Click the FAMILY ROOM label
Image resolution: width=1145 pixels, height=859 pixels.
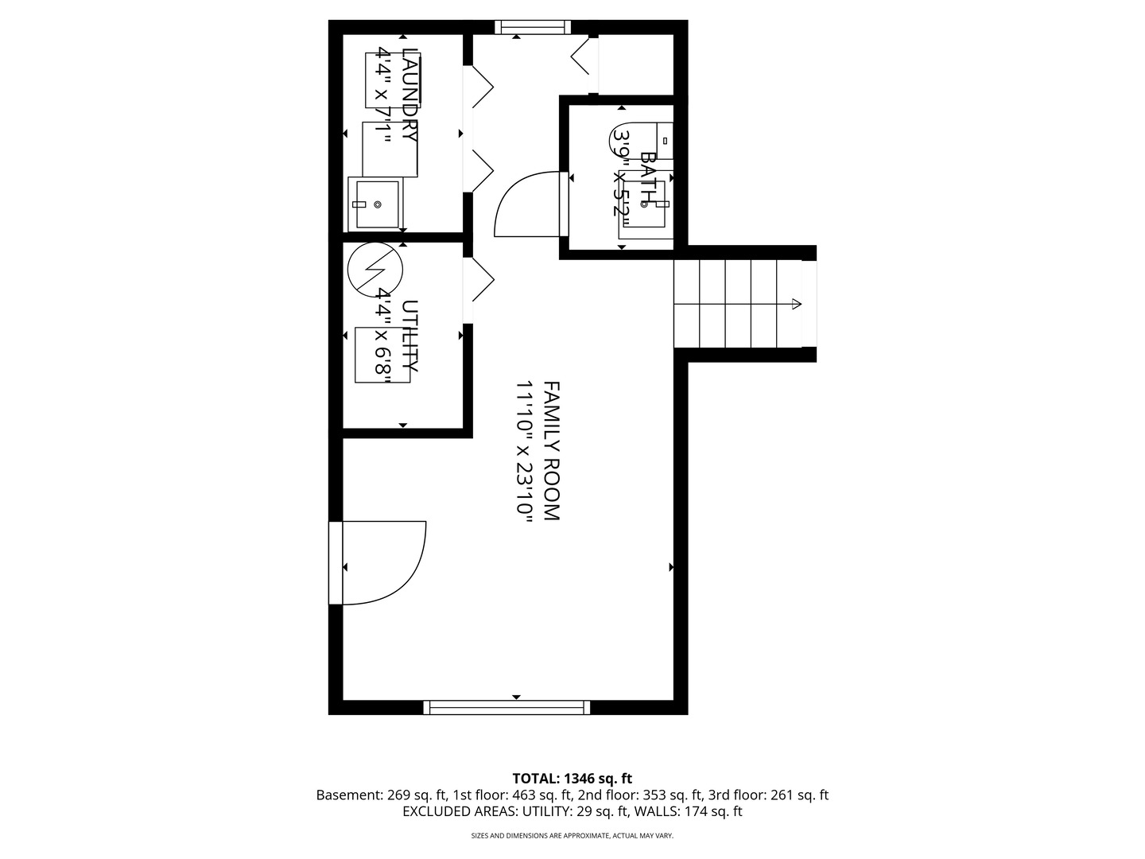click(x=551, y=451)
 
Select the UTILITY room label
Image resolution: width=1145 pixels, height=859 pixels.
click(x=410, y=336)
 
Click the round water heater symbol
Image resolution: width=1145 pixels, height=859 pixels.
click(x=375, y=270)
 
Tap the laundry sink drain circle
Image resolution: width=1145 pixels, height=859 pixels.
click(x=378, y=205)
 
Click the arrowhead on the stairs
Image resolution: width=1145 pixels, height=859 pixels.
click(x=797, y=304)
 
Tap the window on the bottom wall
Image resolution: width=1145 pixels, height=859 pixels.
click(x=507, y=707)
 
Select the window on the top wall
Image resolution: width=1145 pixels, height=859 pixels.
click(x=533, y=27)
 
